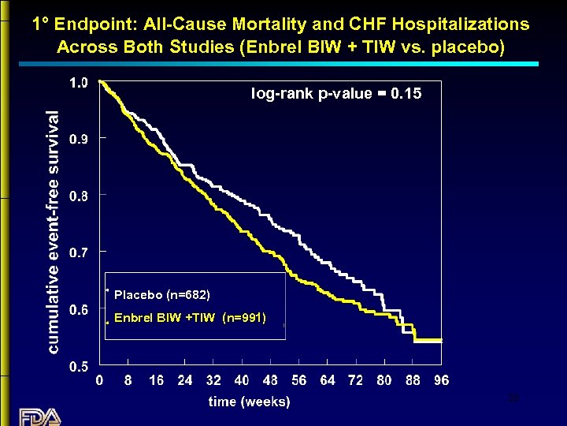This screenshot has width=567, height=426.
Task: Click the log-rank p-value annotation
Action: click(x=336, y=94)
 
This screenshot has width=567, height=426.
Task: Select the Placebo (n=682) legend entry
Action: click(x=161, y=295)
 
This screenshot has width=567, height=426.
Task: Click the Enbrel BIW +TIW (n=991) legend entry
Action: click(x=190, y=319)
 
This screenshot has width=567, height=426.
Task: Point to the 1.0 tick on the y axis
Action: click(x=79, y=82)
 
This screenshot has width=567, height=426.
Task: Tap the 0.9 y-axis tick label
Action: click(x=79, y=139)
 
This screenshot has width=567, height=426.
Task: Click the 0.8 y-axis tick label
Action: click(x=79, y=196)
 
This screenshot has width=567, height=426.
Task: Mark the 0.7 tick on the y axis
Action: click(x=79, y=252)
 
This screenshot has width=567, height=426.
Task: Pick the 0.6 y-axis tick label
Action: click(x=79, y=310)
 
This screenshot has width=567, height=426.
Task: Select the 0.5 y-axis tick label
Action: click(x=79, y=367)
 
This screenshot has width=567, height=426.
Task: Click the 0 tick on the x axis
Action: click(x=99, y=380)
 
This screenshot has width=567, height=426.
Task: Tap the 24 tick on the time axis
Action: click(x=184, y=380)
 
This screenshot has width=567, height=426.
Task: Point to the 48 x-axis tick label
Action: click(x=269, y=380)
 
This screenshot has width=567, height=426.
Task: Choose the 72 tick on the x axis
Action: click(x=355, y=380)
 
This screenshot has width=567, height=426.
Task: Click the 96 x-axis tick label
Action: click(x=441, y=380)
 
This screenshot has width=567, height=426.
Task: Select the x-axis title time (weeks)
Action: click(x=249, y=402)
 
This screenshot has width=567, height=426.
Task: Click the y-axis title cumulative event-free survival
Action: click(x=53, y=230)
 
